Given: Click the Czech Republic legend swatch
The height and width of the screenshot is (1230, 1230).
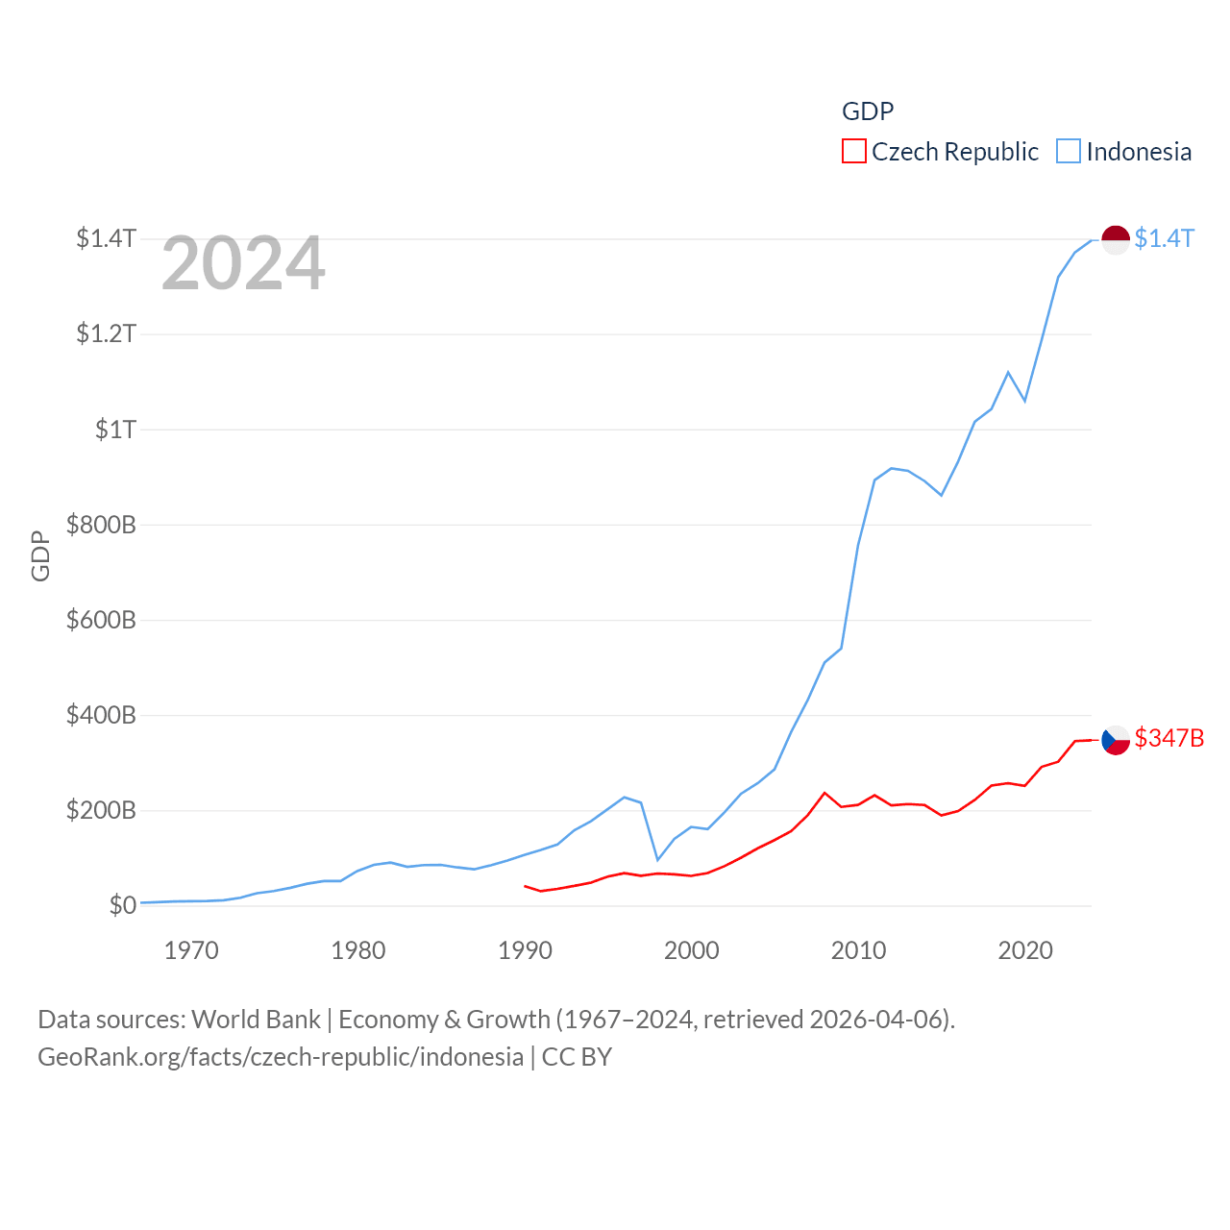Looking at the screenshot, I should pyautogui.click(x=853, y=152).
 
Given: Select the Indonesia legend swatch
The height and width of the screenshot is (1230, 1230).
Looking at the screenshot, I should pyautogui.click(x=1069, y=152).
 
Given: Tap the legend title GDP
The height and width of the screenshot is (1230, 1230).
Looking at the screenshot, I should pyautogui.click(x=868, y=111).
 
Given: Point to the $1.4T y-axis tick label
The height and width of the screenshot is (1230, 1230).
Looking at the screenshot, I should pyautogui.click(x=106, y=238).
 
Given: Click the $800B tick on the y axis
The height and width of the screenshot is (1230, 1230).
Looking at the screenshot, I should pyautogui.click(x=101, y=525).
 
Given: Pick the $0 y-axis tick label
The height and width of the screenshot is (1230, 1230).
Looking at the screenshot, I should pyautogui.click(x=122, y=905).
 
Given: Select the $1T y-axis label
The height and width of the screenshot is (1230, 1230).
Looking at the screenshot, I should pyautogui.click(x=115, y=430).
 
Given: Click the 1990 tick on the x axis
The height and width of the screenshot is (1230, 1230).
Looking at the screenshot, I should pyautogui.click(x=525, y=950).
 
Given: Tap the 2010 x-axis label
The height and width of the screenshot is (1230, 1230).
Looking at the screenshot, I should pyautogui.click(x=858, y=950).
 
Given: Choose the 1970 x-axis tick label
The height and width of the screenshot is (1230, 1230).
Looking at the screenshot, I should pyautogui.click(x=191, y=950).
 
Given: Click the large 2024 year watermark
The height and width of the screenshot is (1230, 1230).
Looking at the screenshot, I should pyautogui.click(x=243, y=263).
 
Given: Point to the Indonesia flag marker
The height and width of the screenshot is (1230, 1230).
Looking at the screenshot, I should pyautogui.click(x=1115, y=239).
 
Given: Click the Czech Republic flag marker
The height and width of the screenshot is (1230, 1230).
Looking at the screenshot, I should pyautogui.click(x=1115, y=739).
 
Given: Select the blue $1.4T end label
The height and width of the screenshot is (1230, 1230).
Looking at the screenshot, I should pyautogui.click(x=1164, y=238).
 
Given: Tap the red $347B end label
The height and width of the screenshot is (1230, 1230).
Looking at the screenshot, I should pyautogui.click(x=1168, y=738).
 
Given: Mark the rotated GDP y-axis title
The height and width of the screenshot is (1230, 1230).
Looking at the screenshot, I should pyautogui.click(x=40, y=555).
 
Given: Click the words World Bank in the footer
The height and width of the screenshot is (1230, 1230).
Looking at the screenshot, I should pyautogui.click(x=256, y=1020).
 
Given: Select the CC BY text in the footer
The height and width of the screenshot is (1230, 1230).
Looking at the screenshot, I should pyautogui.click(x=577, y=1057).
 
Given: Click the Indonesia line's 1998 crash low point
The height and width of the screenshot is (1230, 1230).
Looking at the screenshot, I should pyautogui.click(x=657, y=860).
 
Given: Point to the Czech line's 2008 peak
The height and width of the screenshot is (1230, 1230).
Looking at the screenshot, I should pyautogui.click(x=824, y=793).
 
